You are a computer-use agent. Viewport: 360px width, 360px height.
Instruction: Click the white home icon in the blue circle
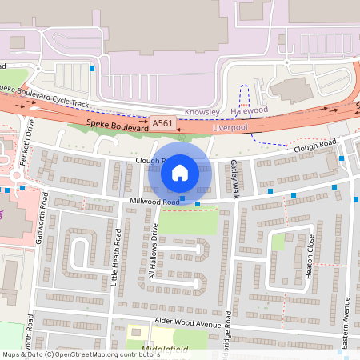point(180,172)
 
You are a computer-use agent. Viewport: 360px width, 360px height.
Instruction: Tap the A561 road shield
point(162,123)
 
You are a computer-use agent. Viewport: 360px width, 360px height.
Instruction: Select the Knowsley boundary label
point(201,111)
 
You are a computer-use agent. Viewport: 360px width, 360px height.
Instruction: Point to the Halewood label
point(249,111)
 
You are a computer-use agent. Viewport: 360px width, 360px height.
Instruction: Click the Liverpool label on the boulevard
point(231,127)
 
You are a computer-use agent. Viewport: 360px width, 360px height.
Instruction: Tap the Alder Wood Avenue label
point(187,323)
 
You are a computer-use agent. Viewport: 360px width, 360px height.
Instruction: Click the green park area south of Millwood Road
point(189,221)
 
